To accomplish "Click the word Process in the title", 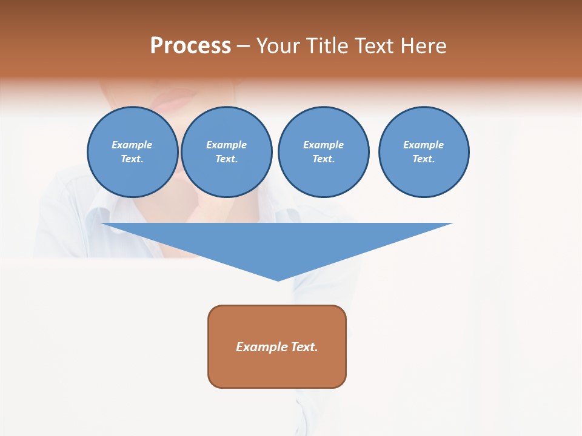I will [190, 46].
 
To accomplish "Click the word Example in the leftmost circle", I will [132, 145].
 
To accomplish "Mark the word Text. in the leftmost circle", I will [132, 159].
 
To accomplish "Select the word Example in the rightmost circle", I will [423, 145].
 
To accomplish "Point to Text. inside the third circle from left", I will [323, 159].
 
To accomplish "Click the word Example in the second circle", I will [226, 145].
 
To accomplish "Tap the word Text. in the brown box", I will [304, 347].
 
